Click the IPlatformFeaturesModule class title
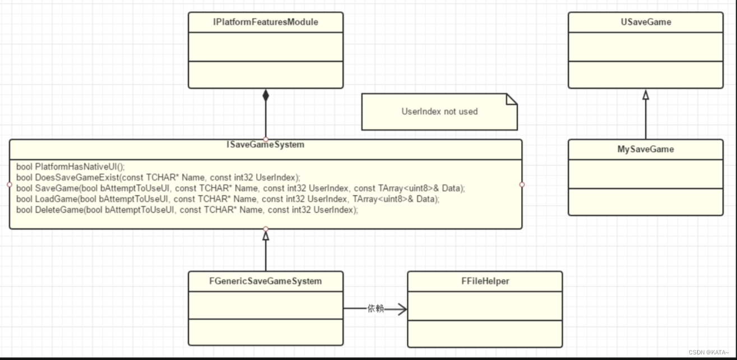click(266, 22)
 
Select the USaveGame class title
click(646, 22)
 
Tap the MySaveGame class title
click(646, 149)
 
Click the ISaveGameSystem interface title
click(266, 145)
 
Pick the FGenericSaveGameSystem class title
click(266, 281)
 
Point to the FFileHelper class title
click(484, 281)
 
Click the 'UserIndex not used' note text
click(439, 112)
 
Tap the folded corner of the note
click(511, 99)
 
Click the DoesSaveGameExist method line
click(159, 177)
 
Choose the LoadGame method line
click(228, 199)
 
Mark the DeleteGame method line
click(187, 210)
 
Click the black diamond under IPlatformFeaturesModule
click(266, 95)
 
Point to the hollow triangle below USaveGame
click(646, 95)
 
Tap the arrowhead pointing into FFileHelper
click(402, 308)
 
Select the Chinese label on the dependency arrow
click(376, 308)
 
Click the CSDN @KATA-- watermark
click(711, 352)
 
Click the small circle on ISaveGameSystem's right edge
click(522, 184)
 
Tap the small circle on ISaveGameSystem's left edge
click(10, 184)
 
